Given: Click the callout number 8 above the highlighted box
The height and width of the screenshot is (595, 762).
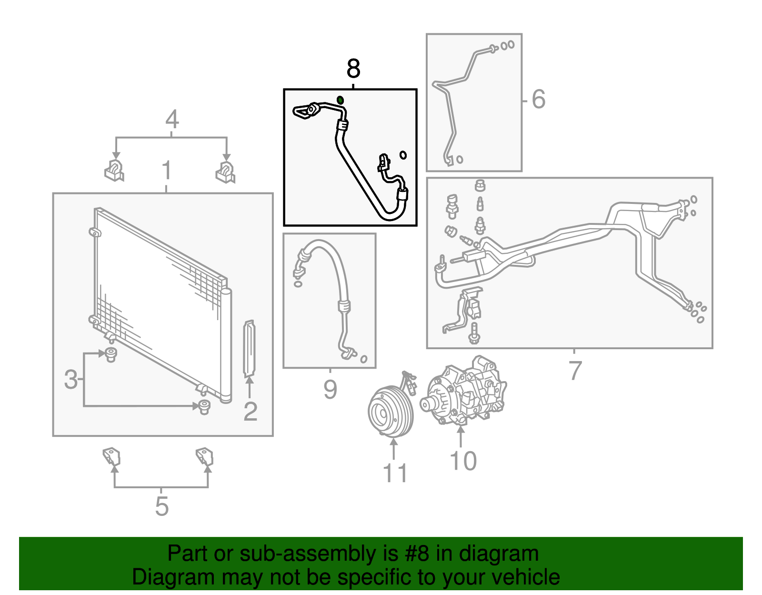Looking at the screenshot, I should point(353,69).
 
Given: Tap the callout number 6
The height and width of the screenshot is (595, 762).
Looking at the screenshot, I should point(538,100).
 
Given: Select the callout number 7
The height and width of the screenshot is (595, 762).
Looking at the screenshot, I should point(575,371).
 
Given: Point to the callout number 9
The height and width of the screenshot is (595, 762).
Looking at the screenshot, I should point(330,389).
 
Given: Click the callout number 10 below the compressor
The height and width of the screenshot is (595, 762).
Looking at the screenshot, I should point(463,461).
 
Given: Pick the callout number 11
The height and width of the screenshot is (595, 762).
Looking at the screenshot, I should point(395,473).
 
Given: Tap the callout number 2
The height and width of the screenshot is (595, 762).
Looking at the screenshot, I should point(251,411).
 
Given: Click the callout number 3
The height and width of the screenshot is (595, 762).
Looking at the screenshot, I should point(70,379).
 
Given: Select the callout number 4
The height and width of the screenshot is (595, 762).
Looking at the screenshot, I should point(172,119).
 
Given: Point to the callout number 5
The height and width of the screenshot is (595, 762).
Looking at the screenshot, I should point(162,506).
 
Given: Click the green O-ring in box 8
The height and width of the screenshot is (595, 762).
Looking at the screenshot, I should point(341,100).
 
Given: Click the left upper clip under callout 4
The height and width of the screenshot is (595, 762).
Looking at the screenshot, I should point(114,171).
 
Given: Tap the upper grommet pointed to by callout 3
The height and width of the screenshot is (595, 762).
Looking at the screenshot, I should point(111,354).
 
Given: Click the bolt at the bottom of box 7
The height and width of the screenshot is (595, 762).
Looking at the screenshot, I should point(474,333).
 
